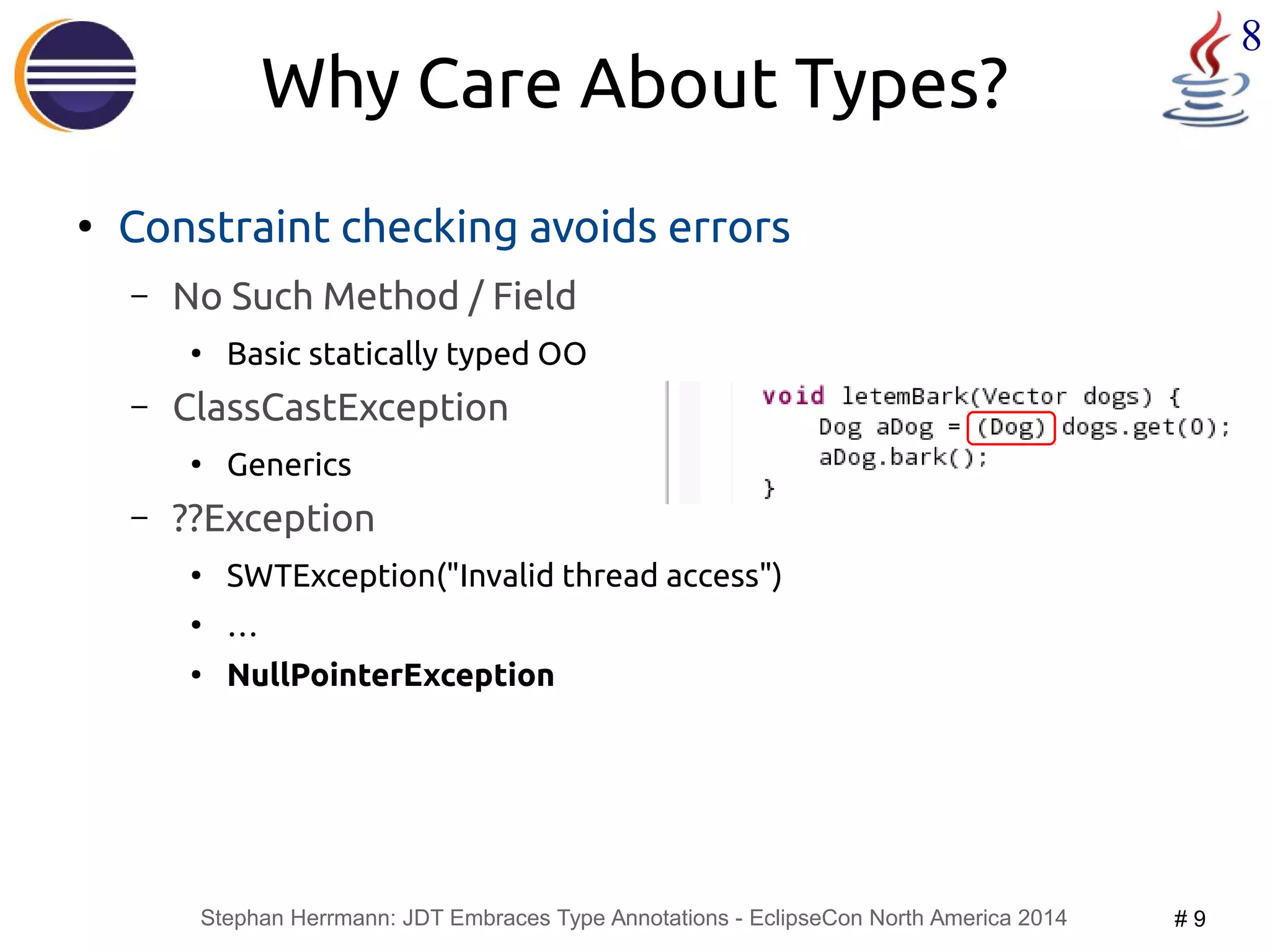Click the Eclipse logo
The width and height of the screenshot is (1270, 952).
[x=76, y=75]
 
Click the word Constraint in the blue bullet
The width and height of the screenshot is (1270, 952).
[x=223, y=227]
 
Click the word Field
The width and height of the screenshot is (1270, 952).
[x=534, y=296]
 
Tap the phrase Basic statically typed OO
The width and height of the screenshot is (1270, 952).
[x=406, y=354]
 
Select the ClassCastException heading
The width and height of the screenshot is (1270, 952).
[x=340, y=408]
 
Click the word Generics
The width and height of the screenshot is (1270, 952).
[x=289, y=465]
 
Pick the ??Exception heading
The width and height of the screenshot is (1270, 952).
[x=273, y=518]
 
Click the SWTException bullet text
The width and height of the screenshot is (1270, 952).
[x=504, y=576]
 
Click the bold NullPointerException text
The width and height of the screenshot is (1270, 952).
[x=391, y=675]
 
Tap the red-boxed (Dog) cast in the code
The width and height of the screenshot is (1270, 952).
[x=1011, y=428]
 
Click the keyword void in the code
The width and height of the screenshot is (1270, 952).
[x=793, y=396]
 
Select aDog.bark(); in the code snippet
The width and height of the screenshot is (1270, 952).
[x=902, y=458]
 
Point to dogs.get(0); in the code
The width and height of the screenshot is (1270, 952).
[x=1145, y=428]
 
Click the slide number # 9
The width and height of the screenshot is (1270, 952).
[x=1189, y=919]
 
